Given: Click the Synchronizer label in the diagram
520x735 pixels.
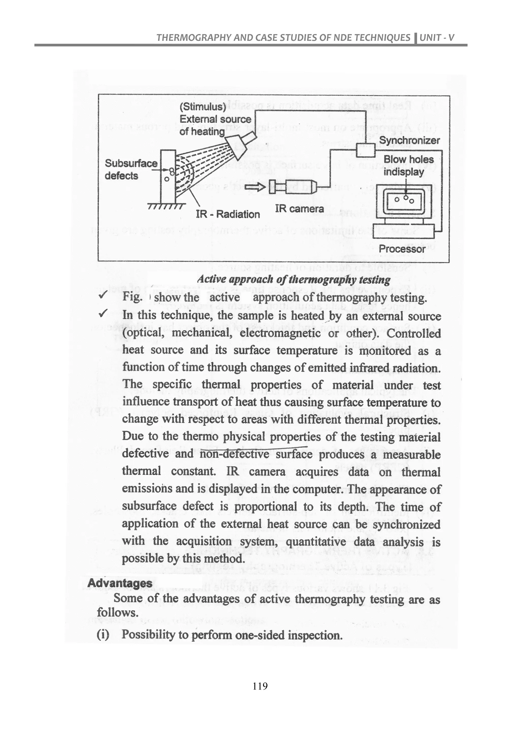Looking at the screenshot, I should (x=410, y=141).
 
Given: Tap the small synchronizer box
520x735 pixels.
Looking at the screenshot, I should (x=365, y=151).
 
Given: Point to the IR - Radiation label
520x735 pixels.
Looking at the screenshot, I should (x=228, y=214).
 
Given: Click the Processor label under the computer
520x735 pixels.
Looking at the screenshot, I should (x=402, y=249).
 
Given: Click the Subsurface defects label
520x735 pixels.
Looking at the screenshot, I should (x=131, y=169).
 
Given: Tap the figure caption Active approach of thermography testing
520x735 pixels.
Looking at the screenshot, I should (x=294, y=279).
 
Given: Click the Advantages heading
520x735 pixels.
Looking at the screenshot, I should (x=120, y=583).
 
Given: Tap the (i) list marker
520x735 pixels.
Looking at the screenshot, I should (x=103, y=634).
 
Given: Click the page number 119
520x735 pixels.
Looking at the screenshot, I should (x=260, y=686).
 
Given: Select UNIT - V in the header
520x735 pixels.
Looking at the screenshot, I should (x=437, y=38).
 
